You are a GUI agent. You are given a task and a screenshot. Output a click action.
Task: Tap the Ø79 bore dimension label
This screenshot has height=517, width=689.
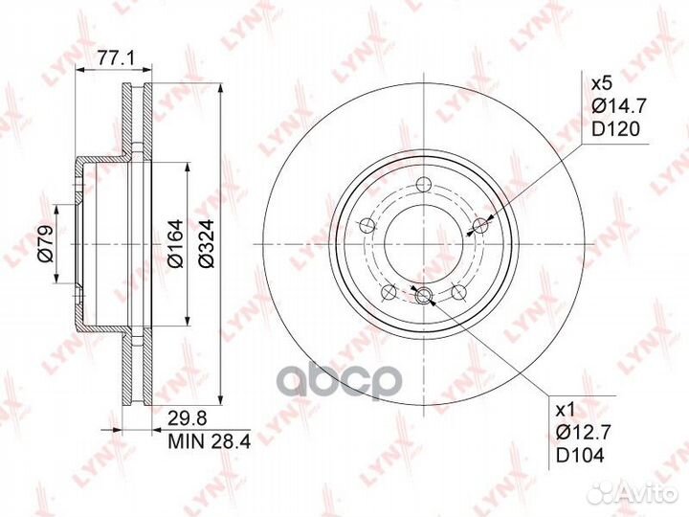click(x=45, y=243)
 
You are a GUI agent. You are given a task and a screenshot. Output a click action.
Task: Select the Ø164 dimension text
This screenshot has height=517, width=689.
click(x=175, y=243)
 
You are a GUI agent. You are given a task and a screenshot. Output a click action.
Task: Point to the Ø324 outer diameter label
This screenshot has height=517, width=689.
click(x=206, y=243)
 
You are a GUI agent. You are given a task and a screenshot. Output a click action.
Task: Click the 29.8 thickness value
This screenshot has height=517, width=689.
click(x=188, y=418)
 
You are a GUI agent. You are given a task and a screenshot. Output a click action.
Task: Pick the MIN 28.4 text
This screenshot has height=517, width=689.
click(x=210, y=441)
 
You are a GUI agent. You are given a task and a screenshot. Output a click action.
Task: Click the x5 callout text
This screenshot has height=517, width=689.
click(x=601, y=83)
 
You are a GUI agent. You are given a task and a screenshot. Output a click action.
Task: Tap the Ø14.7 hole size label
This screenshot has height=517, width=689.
click(x=619, y=106)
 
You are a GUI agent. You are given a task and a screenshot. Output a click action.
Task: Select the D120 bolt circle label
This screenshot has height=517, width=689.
click(x=615, y=129)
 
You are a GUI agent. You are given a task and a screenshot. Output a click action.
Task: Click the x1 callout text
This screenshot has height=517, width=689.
click(x=566, y=411)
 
